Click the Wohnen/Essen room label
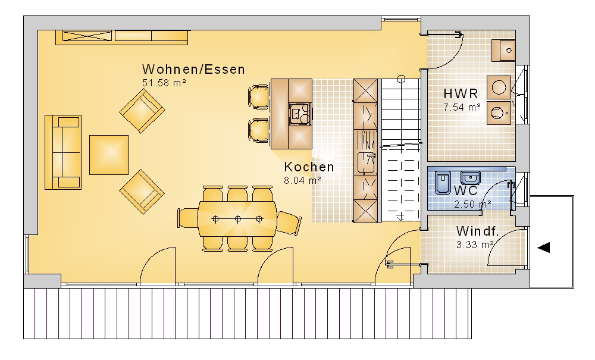click(x=193, y=70)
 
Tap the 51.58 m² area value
click(x=164, y=83)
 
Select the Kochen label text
click(x=309, y=167)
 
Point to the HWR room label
click(x=461, y=93)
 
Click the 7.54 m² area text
click(x=462, y=107)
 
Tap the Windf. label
click(x=477, y=231)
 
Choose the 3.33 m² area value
click(x=475, y=245)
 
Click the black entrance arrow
click(x=544, y=248)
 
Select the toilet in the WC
click(x=443, y=183)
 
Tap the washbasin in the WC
click(x=471, y=177)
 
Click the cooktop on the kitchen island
click(x=300, y=114)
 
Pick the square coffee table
click(x=109, y=155)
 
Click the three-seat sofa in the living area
click(x=63, y=152)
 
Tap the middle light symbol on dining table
click(x=237, y=219)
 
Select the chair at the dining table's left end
click(x=187, y=218)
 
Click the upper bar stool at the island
click(x=259, y=97)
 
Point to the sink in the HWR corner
click(x=503, y=50)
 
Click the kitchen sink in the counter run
click(x=366, y=162)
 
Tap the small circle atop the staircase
click(x=401, y=79)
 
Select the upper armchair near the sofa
click(x=142, y=111)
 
